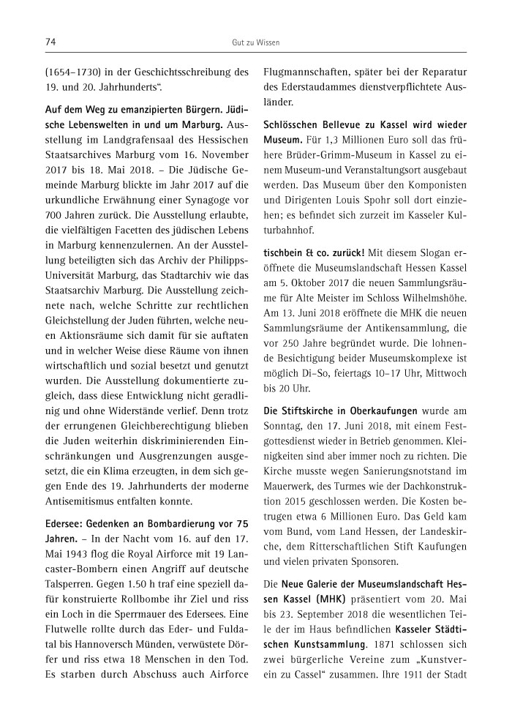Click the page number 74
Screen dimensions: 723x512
pos(51,42)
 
